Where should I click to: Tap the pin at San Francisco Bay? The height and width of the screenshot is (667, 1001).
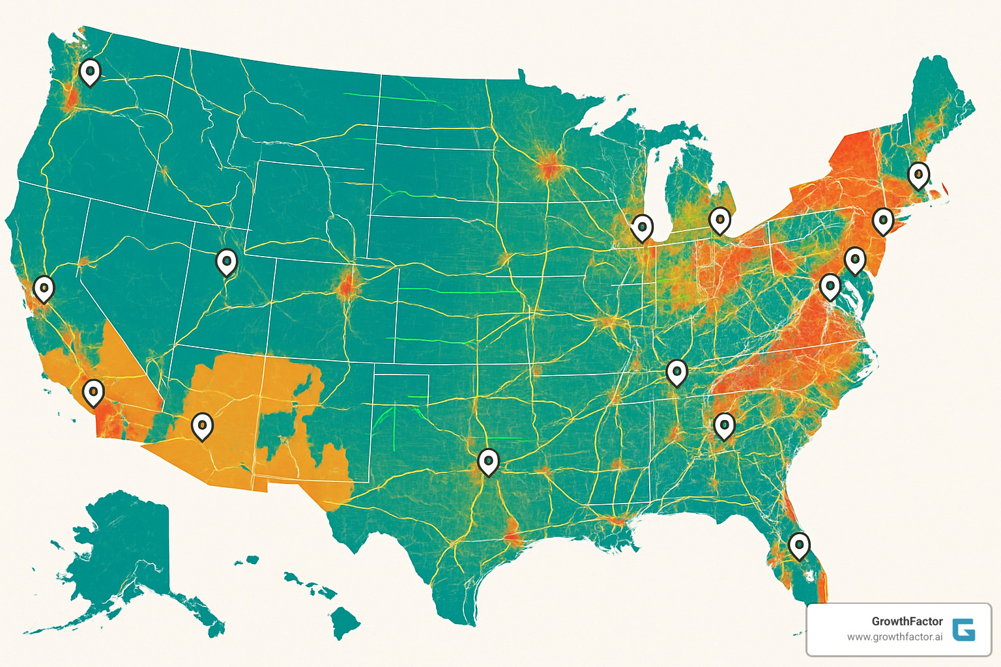click(44, 288)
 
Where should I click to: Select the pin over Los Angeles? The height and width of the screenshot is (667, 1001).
click(93, 392)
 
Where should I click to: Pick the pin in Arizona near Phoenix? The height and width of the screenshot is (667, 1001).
click(202, 425)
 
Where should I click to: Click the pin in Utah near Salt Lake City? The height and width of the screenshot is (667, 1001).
click(226, 262)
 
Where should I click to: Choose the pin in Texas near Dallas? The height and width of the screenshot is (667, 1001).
click(488, 462)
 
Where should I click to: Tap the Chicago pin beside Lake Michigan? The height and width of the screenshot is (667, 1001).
click(642, 227)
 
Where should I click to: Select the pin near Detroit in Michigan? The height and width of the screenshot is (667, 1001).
click(719, 220)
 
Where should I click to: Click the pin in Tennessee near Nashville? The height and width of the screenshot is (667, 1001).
click(676, 372)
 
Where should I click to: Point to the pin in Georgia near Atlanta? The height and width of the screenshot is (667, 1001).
click(724, 426)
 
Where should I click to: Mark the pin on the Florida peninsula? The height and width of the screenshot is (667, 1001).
click(799, 545)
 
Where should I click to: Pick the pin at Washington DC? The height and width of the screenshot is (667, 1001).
click(830, 286)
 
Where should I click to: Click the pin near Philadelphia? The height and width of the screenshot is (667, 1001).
click(854, 260)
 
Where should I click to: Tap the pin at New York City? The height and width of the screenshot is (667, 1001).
click(882, 221)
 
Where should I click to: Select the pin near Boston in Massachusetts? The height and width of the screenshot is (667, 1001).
click(918, 175)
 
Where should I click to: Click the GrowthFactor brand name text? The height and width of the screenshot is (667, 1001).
click(907, 621)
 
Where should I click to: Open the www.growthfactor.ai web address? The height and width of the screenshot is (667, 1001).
click(894, 637)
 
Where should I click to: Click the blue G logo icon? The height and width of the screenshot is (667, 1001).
click(963, 630)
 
